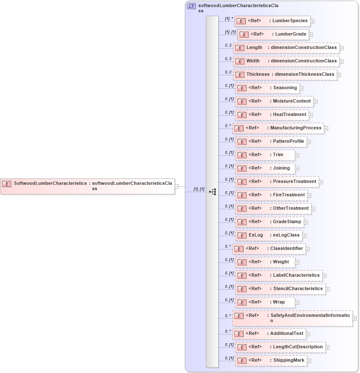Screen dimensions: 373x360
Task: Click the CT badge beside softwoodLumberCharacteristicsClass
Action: click(191, 6)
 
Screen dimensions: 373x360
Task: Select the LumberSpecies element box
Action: click(272, 21)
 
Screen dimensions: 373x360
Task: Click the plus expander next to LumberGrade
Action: click(311, 35)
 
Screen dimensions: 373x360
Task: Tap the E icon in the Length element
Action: click(240, 48)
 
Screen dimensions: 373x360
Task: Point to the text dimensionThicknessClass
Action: click(304, 75)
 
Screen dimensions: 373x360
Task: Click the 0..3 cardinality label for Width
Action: click(228, 59)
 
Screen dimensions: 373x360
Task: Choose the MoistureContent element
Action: click(274, 101)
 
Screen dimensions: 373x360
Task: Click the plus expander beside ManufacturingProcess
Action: click(326, 129)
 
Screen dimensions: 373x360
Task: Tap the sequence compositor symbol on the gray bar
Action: click(212, 192)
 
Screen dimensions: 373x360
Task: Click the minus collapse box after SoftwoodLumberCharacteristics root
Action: click(177, 186)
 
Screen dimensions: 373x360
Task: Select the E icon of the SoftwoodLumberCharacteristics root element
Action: click(7, 183)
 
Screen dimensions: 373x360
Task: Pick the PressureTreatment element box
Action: click(277, 182)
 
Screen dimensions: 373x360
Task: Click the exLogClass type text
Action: click(286, 235)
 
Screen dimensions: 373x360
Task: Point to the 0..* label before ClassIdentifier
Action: click(228, 246)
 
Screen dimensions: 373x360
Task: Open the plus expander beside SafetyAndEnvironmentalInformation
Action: click(355, 319)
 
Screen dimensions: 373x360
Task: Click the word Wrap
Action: click(279, 302)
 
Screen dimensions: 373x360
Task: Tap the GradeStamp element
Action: click(269, 222)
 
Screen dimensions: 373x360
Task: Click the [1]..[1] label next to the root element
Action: click(199, 189)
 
